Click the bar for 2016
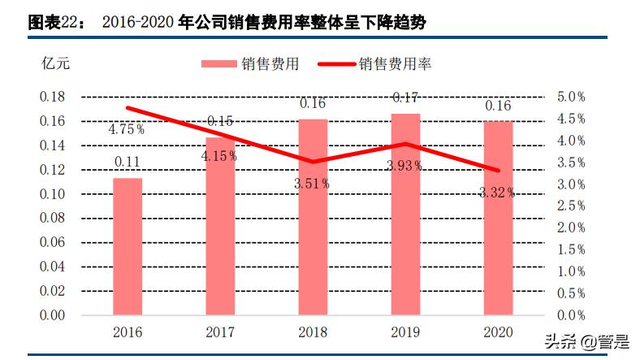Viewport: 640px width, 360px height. [x=128, y=246]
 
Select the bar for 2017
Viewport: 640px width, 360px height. [x=220, y=226]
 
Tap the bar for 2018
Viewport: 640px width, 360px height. [x=313, y=217]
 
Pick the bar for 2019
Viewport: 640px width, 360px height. [x=405, y=214]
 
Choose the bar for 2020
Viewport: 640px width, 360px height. [x=498, y=218]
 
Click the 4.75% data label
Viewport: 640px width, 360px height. [x=127, y=128]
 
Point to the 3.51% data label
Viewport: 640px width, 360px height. [x=312, y=184]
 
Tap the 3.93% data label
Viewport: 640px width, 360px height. [x=404, y=166]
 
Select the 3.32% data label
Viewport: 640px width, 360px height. [x=497, y=193]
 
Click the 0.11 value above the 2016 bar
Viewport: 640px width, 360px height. [x=128, y=162]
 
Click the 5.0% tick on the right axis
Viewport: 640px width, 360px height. [x=570, y=97]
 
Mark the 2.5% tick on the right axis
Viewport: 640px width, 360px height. [x=570, y=206]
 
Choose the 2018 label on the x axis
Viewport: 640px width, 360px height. [x=313, y=332]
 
